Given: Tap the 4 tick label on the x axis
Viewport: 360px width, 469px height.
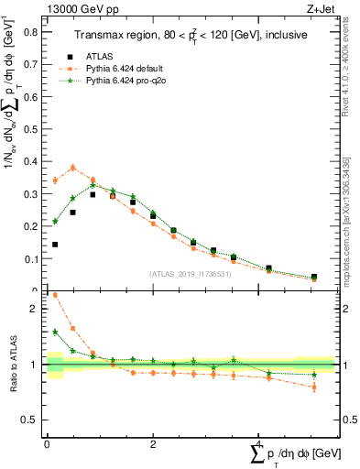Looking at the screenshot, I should point(259,444).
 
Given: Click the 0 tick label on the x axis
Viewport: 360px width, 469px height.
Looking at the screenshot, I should point(47,444).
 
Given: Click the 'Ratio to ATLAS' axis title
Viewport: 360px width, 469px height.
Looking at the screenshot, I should point(12,365).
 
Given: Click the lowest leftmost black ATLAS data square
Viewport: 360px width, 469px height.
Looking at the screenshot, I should point(55,245).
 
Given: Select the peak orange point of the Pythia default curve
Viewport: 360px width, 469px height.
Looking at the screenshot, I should point(73,168).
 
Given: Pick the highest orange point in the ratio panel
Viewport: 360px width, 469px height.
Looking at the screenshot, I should point(55,295).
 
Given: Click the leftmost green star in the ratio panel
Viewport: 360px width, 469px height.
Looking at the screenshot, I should point(55,333).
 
